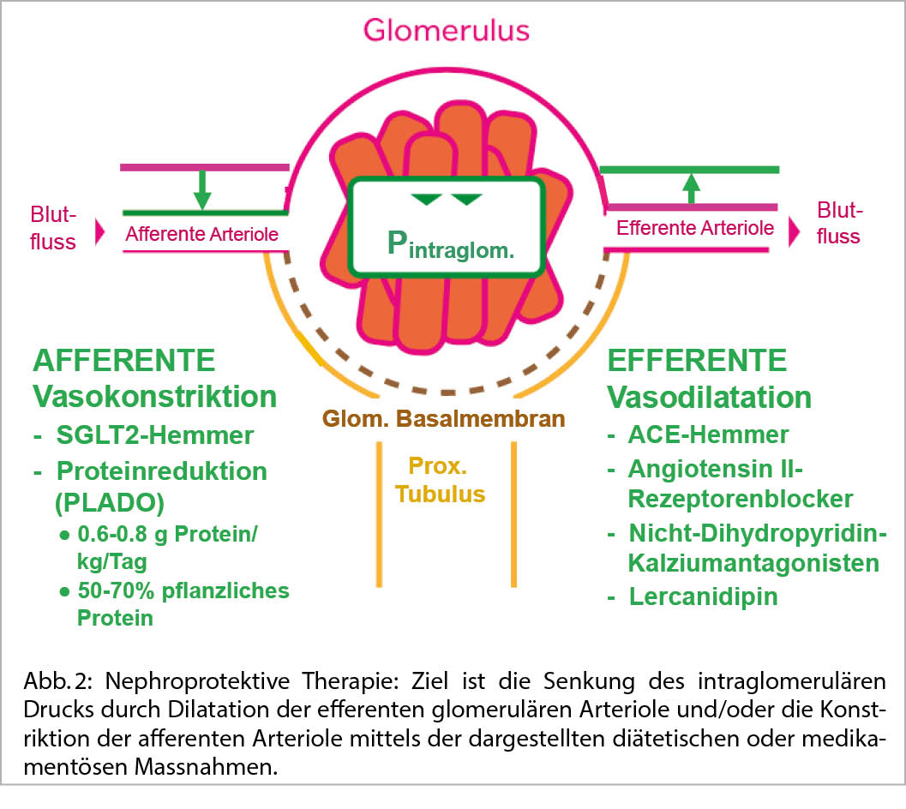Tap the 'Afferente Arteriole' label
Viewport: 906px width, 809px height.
202,234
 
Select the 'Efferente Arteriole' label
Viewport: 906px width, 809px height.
695,228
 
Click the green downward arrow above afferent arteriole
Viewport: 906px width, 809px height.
201,189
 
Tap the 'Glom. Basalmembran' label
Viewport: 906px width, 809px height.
443,419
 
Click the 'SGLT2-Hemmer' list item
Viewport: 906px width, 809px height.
154,435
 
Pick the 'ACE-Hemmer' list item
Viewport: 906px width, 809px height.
708,435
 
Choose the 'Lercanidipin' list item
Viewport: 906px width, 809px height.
703,596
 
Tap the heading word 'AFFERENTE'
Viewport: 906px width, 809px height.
125,360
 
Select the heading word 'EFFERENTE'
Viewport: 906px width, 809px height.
697,361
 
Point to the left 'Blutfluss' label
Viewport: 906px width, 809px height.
53,227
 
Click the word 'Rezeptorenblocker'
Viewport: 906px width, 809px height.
741,498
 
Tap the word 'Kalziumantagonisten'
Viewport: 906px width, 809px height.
753,563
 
